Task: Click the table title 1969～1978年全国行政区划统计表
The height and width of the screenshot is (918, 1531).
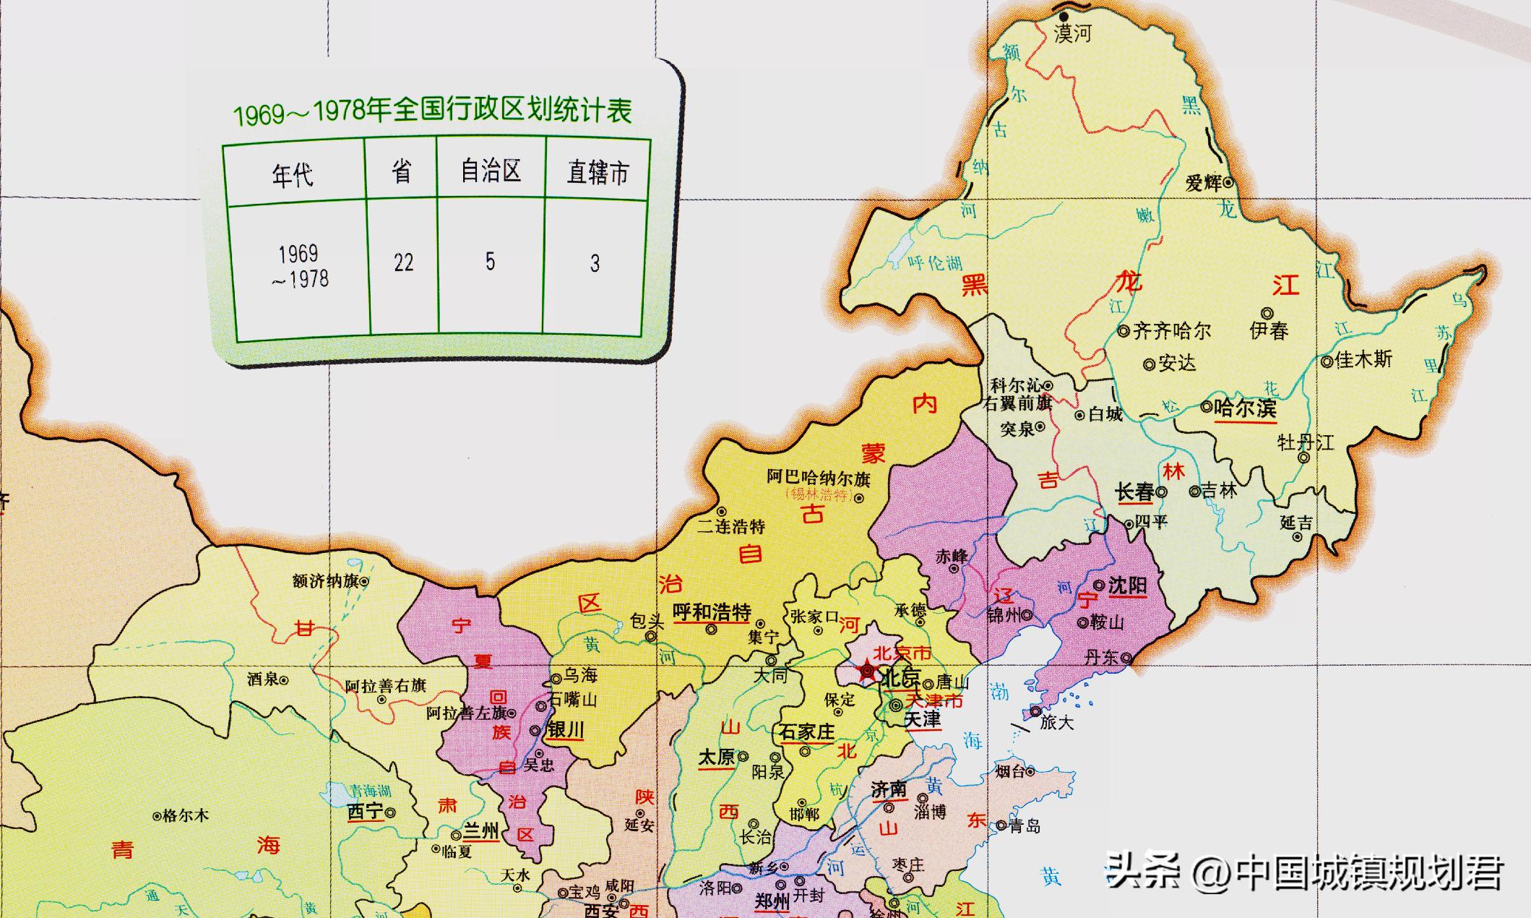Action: (x=432, y=111)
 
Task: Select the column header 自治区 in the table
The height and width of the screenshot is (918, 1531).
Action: (x=491, y=171)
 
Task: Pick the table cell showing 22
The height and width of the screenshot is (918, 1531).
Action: (x=403, y=262)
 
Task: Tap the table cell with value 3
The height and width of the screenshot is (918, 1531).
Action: (x=594, y=263)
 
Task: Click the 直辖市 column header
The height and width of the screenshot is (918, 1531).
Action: (x=598, y=173)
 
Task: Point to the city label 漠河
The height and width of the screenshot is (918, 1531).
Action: (x=1072, y=33)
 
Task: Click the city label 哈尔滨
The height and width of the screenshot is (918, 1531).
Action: (x=1245, y=408)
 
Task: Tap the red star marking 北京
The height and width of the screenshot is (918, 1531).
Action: (x=866, y=672)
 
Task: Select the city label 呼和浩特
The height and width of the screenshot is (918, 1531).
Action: (x=712, y=612)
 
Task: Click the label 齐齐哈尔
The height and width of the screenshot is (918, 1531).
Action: (x=1171, y=331)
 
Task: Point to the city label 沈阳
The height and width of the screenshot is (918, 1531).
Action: (x=1127, y=585)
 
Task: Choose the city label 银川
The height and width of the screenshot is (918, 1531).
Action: (x=565, y=730)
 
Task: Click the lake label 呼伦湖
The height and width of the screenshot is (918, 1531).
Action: (x=935, y=263)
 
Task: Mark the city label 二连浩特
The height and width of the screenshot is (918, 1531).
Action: (x=730, y=527)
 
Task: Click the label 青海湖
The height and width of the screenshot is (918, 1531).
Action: (x=370, y=791)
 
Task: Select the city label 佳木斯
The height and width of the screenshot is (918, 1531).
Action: (x=1363, y=359)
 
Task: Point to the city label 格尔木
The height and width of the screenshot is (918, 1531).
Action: (x=186, y=816)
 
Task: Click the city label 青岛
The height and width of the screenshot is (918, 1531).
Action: (x=1025, y=826)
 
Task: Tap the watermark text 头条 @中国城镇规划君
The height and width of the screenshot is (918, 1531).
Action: (x=1304, y=872)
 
